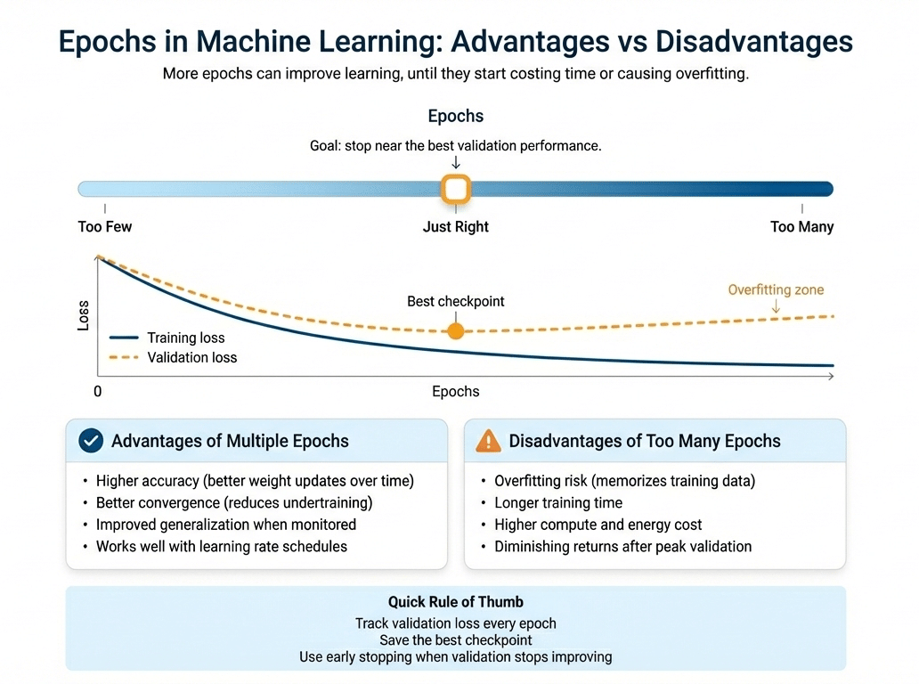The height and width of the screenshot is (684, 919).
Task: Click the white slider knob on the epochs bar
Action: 456,189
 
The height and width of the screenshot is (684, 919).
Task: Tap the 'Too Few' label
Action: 105,227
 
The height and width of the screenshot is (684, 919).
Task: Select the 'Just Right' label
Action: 456,227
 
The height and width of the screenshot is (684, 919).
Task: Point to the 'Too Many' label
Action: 801,227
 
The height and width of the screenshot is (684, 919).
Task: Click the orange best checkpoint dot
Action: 456,331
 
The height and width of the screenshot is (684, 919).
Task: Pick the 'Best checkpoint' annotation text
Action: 456,302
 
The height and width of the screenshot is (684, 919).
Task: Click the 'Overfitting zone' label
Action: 776,290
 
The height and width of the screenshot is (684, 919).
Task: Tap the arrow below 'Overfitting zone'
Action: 776,306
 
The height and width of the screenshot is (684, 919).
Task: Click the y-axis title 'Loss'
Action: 84,316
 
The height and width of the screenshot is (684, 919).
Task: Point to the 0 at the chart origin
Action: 98,392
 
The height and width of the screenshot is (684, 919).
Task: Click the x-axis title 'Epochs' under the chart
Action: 456,392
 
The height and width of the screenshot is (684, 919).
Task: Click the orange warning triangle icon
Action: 489,441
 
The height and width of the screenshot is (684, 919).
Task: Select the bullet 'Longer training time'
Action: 558,503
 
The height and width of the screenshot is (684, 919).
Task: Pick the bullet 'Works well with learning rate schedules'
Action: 221,546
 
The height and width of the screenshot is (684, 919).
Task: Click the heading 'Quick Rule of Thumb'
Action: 455,603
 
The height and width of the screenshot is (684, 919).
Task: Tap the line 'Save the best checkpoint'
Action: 455,640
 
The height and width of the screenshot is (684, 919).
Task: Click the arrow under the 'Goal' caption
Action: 456,163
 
